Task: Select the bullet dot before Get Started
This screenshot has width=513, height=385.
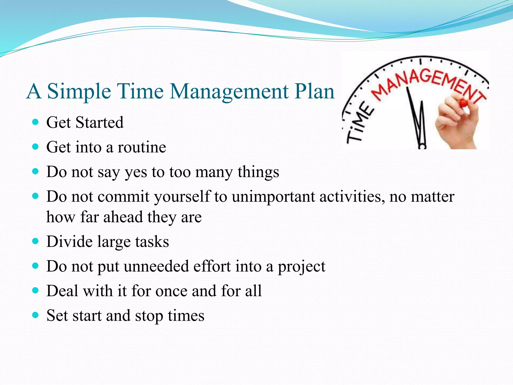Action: [x=36, y=122]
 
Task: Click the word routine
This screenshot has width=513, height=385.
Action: [x=142, y=147]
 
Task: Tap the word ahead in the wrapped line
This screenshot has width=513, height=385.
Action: [x=123, y=217]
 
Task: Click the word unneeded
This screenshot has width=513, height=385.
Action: [x=156, y=266]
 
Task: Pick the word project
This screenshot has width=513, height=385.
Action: [x=301, y=267]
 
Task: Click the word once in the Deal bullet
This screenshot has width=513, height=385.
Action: [x=171, y=291]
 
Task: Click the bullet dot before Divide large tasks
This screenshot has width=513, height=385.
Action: [x=36, y=241]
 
